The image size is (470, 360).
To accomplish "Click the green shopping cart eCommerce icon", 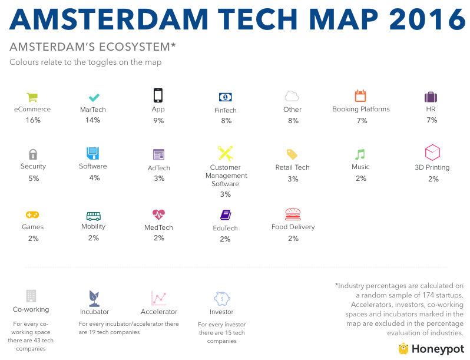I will (32, 97).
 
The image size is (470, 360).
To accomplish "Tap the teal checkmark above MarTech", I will (93, 97).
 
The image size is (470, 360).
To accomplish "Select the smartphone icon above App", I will (158, 95).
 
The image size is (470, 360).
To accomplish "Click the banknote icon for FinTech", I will (225, 97).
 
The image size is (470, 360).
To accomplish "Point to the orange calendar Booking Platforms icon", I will (360, 96).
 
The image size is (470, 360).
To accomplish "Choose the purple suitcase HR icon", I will (431, 97).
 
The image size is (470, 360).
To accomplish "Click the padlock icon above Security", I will (33, 154).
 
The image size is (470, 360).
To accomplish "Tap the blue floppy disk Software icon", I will (93, 154).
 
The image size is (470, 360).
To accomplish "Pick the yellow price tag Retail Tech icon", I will (292, 154).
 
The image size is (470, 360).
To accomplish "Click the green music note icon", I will (360, 154).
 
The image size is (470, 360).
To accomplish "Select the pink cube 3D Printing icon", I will (432, 153).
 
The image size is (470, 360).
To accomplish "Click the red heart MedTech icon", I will (158, 214).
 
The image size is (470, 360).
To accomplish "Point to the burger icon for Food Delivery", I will (293, 214).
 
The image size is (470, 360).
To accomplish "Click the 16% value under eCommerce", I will (33, 120).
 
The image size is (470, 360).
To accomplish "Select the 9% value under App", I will (158, 120).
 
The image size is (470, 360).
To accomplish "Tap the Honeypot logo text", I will (438, 348).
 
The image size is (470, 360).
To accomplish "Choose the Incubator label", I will (94, 312).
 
